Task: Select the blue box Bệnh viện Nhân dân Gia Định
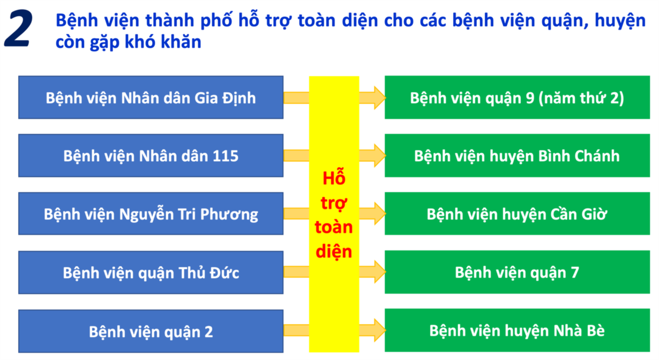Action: (x=151, y=97)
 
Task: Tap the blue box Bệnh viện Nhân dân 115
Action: (x=151, y=156)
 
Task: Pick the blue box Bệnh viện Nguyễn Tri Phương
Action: (x=151, y=214)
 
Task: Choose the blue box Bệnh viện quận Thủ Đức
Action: (x=151, y=273)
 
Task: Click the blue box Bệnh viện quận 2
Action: (x=151, y=331)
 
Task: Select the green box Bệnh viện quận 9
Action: (x=517, y=97)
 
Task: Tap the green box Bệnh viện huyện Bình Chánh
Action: (x=517, y=156)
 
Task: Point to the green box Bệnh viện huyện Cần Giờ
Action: (x=517, y=214)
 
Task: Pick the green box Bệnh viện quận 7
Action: (x=517, y=273)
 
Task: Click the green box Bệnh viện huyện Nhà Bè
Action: (x=517, y=331)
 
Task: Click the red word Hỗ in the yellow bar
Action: (x=334, y=178)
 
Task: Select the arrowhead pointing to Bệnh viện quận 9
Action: (x=379, y=97)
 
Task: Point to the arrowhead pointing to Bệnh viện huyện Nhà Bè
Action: (x=379, y=328)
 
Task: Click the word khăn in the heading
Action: (x=181, y=42)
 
